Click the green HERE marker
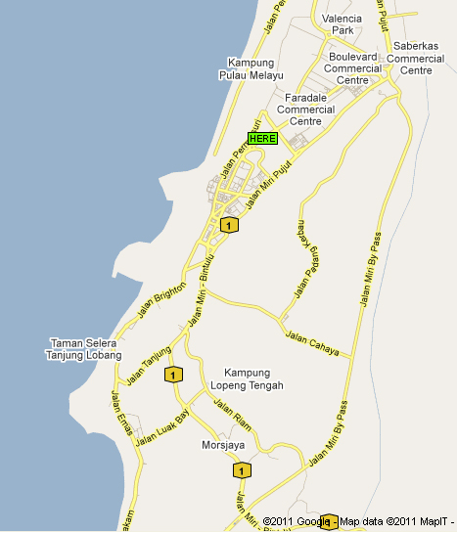pyautogui.click(x=262, y=139)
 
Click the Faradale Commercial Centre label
pyautogui.click(x=305, y=110)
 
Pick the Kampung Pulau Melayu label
pyautogui.click(x=248, y=68)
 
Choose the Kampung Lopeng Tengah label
pyautogui.click(x=253, y=378)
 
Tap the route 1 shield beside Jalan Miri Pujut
pyautogui.click(x=228, y=226)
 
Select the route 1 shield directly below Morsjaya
pyautogui.click(x=241, y=470)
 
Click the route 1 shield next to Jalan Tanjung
pyautogui.click(x=173, y=374)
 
